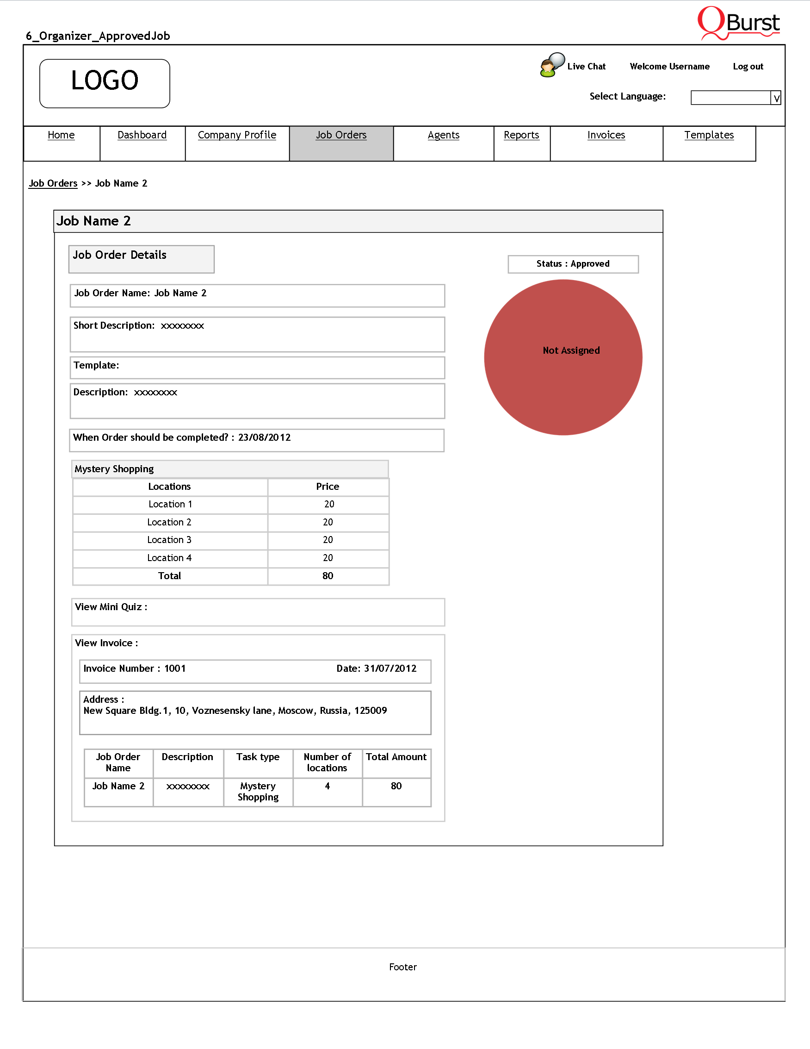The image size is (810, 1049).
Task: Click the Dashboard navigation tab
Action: pyautogui.click(x=142, y=135)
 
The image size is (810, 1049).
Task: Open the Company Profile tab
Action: pyautogui.click(x=237, y=135)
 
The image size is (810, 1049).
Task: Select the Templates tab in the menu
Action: pyautogui.click(x=709, y=135)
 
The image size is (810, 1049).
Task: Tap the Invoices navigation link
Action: pyautogui.click(x=606, y=135)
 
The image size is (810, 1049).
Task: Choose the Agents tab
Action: pyautogui.click(x=443, y=135)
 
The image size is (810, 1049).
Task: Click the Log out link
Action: pyautogui.click(x=748, y=67)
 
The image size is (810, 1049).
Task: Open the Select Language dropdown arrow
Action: pyautogui.click(x=776, y=98)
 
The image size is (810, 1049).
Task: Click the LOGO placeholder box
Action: pyautogui.click(x=105, y=83)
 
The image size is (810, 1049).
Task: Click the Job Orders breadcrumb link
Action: pyautogui.click(x=53, y=183)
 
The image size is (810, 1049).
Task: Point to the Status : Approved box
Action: pyautogui.click(x=573, y=264)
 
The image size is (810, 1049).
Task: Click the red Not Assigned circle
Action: pyautogui.click(x=563, y=357)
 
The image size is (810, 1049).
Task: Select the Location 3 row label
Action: pyautogui.click(x=169, y=540)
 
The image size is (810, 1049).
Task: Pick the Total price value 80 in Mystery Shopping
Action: pyautogui.click(x=328, y=576)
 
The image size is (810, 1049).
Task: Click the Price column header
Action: pyautogui.click(x=328, y=487)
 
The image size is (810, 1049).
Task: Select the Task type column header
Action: pyautogui.click(x=258, y=757)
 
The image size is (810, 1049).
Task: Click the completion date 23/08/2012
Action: pyautogui.click(x=265, y=437)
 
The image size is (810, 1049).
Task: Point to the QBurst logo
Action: pyautogui.click(x=739, y=23)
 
